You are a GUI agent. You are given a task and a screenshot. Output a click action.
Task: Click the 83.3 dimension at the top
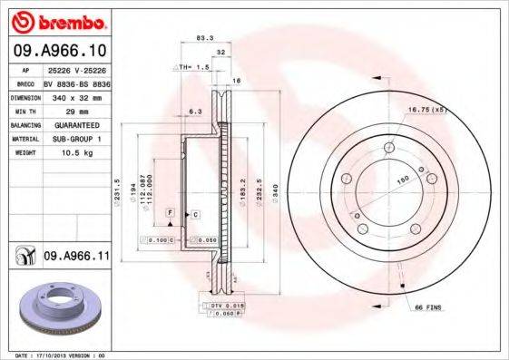(204, 38)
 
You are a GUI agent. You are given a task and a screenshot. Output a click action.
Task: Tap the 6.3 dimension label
(194, 112)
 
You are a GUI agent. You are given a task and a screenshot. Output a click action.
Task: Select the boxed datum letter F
(169, 211)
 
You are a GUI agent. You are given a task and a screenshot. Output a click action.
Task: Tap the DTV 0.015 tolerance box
(227, 305)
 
